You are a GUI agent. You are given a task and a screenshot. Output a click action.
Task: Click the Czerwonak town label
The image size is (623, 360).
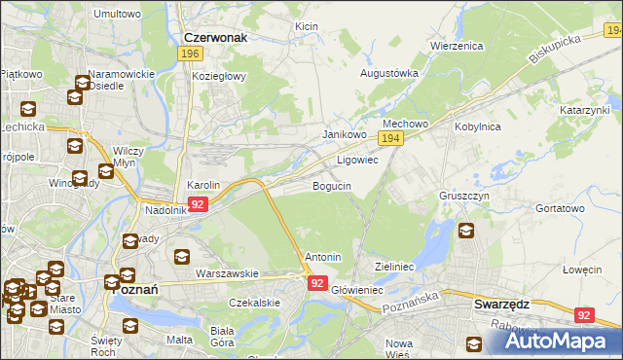216,38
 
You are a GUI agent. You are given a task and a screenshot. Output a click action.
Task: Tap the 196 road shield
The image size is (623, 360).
191,54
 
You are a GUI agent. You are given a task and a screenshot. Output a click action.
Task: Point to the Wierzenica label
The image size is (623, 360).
457,46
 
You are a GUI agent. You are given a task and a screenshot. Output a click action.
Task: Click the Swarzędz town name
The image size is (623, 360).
501,304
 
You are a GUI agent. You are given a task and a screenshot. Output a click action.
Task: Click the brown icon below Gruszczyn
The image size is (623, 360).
466,232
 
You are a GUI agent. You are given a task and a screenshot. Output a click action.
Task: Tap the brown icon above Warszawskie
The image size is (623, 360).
182,257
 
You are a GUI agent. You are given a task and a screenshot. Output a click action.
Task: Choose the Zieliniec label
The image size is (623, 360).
395,266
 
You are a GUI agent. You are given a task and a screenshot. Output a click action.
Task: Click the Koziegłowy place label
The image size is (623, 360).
221,76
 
